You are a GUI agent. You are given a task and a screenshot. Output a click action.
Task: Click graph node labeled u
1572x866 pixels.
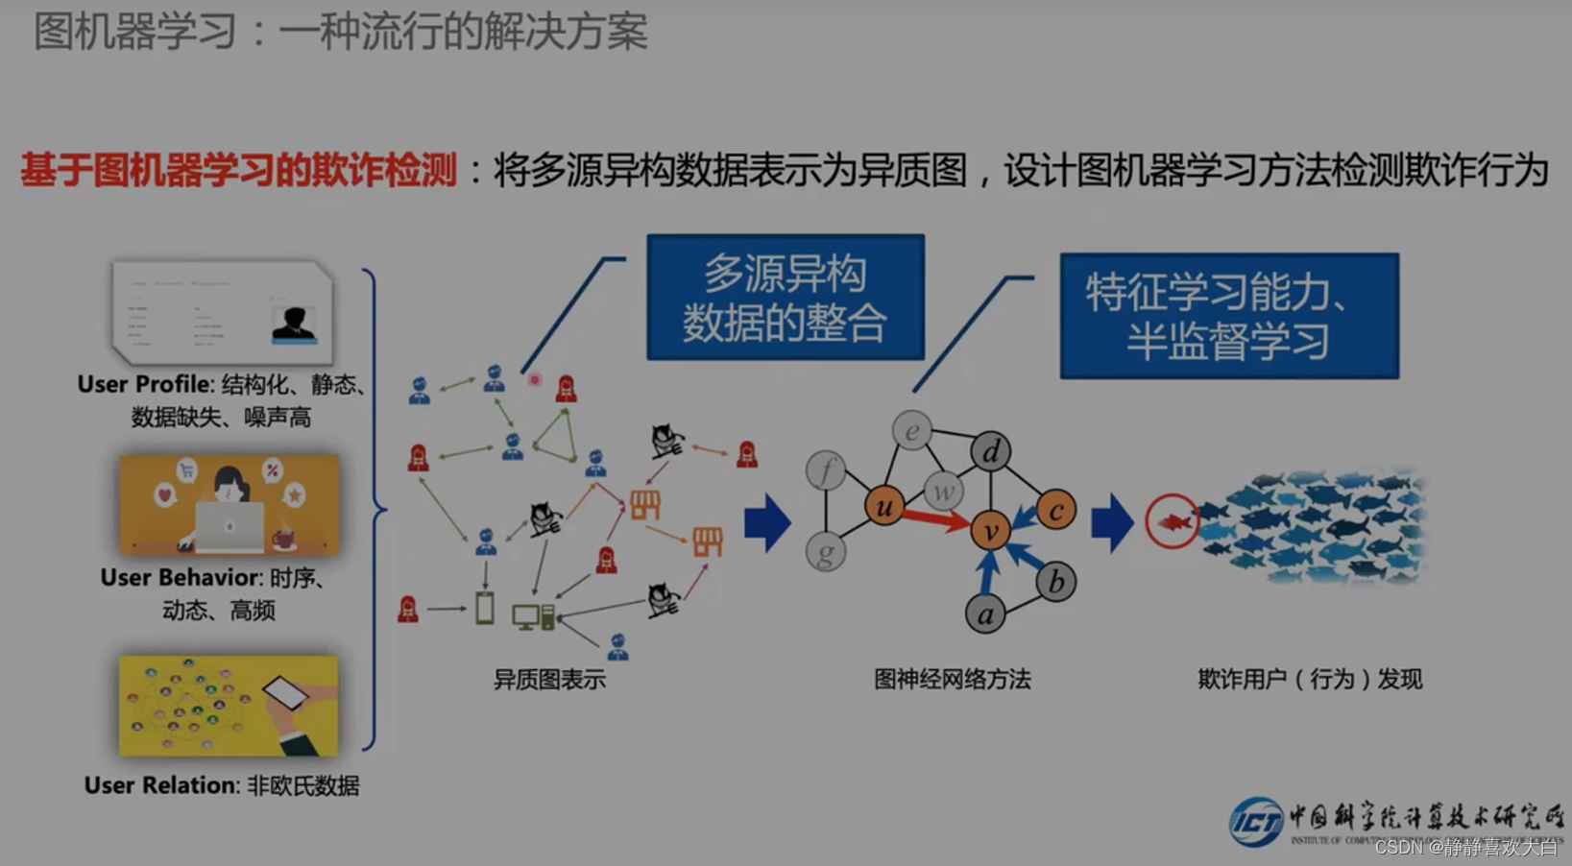[883, 506]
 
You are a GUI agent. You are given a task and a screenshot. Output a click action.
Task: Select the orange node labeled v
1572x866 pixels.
[990, 529]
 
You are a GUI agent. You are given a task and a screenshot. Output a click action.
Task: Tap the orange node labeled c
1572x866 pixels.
[1055, 511]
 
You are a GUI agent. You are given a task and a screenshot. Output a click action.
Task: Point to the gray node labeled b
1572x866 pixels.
[1055, 582]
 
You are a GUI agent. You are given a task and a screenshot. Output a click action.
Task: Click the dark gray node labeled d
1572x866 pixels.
[990, 451]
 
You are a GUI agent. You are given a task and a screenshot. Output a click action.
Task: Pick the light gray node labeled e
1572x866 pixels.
[911, 430]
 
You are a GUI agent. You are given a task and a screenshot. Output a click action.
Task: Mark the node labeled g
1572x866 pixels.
[826, 552]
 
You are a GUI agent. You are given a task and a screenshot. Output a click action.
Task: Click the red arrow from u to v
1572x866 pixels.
[935, 518]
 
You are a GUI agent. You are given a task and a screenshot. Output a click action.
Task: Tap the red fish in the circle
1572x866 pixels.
[1173, 521]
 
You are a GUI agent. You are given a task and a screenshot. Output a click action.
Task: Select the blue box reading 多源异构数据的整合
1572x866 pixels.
[786, 298]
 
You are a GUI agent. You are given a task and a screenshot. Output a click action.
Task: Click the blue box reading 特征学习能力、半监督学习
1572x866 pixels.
[1229, 316]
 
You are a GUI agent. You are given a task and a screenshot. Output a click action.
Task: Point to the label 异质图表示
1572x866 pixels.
[549, 680]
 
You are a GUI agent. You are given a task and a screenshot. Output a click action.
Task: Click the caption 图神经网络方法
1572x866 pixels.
[952, 680]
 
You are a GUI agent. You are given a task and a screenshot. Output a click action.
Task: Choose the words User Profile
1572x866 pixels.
[144, 384]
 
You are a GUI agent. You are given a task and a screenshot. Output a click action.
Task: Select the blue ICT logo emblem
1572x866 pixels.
[1255, 822]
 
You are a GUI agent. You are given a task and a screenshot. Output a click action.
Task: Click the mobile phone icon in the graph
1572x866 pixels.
[485, 608]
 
